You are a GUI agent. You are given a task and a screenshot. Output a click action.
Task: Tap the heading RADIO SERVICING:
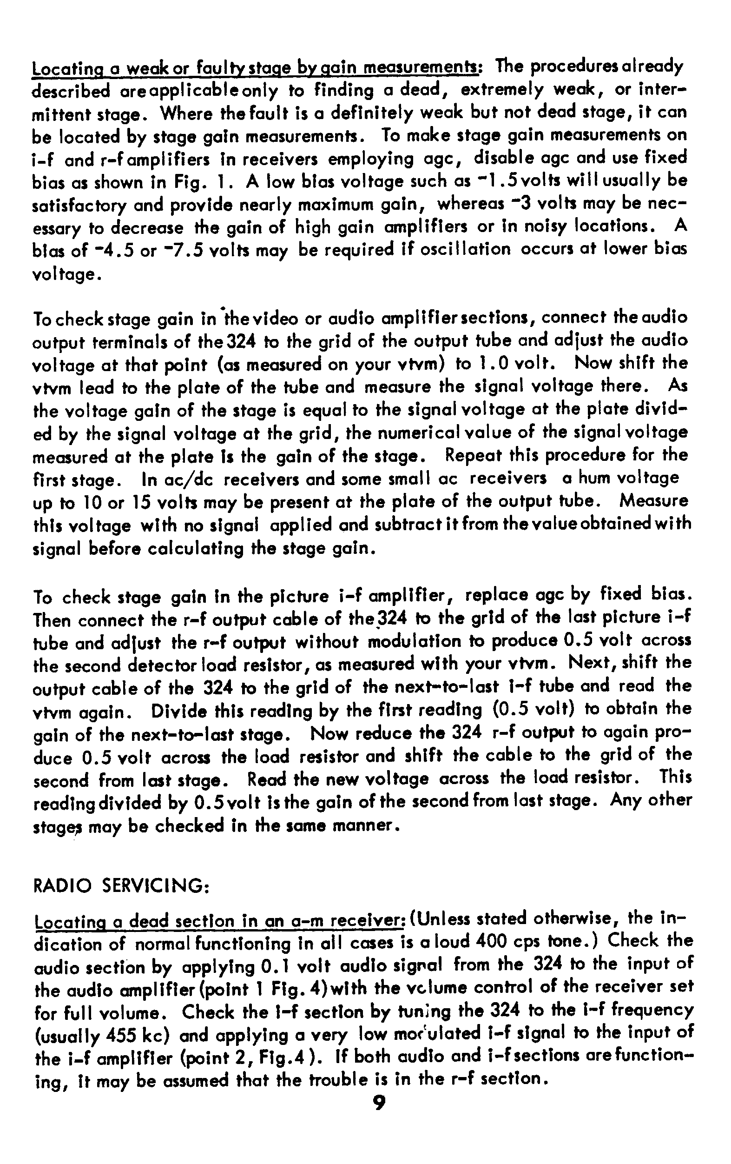[x=120, y=885]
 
